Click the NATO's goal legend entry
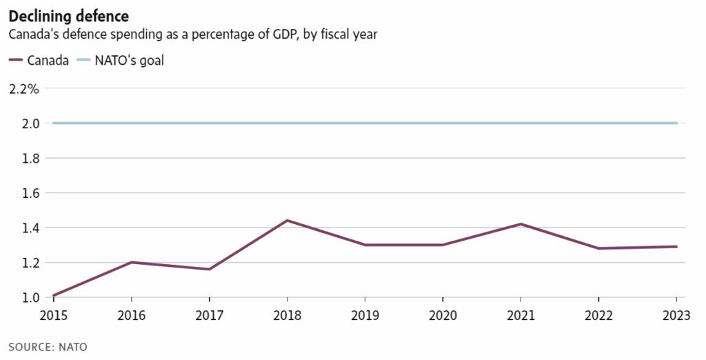point(120,60)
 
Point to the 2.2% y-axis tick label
point(23,89)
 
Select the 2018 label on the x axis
point(286,317)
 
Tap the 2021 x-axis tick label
point(521,317)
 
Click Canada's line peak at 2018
point(286,221)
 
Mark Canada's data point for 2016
point(130,262)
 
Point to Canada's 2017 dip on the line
point(208,269)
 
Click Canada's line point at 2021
point(521,224)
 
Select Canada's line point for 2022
point(598,248)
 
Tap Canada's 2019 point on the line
point(364,245)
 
